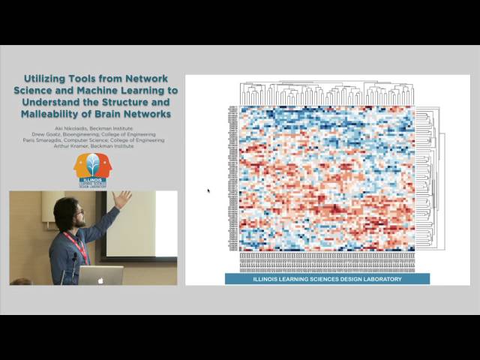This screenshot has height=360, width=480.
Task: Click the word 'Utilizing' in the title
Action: click(x=46, y=78)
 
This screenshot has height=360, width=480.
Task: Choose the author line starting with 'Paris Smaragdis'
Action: click(x=93, y=140)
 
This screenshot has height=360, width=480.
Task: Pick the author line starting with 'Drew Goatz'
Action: click(x=93, y=134)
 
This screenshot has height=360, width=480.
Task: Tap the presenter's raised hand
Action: click(x=121, y=199)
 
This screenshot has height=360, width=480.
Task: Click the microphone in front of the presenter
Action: click(x=74, y=259)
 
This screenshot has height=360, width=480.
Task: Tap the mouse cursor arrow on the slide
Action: click(x=208, y=190)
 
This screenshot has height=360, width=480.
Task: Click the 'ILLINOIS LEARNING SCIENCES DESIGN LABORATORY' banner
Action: click(x=326, y=279)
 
